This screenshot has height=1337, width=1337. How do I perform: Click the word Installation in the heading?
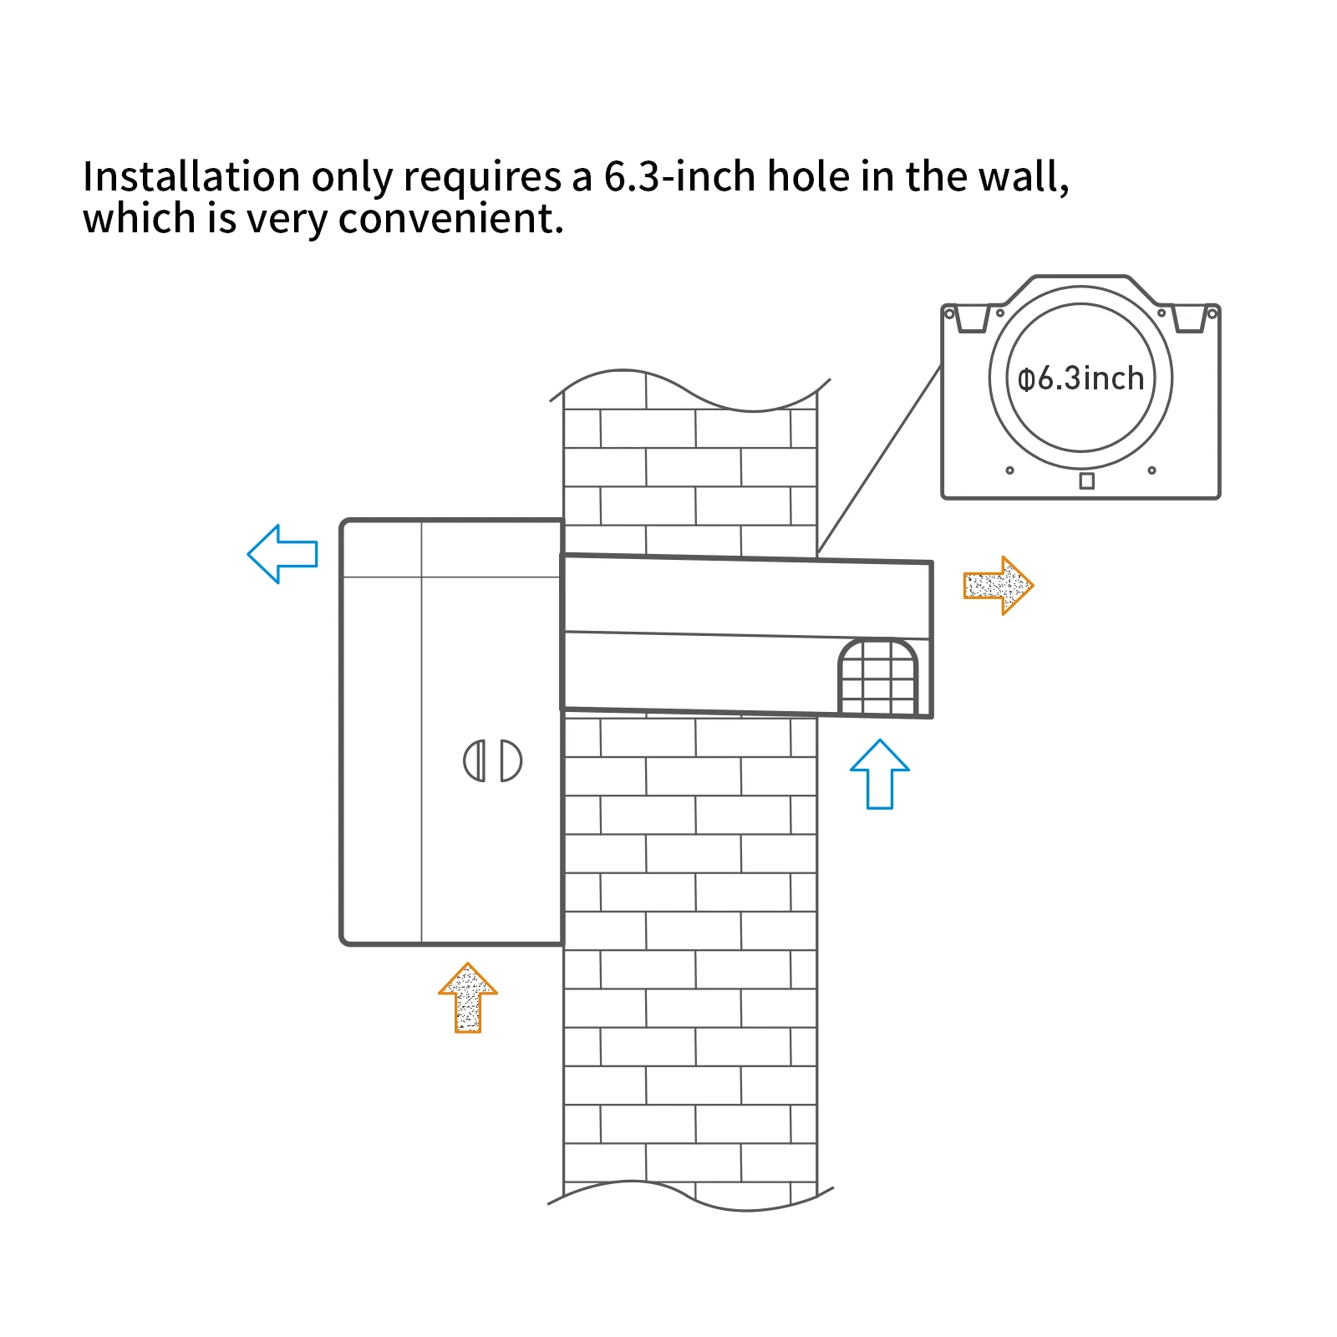191,177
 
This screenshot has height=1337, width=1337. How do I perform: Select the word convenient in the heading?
450,220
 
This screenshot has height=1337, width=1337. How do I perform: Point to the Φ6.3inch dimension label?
1080,379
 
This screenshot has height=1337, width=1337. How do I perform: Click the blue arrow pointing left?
282,554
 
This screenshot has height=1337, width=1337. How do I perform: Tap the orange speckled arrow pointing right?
998,585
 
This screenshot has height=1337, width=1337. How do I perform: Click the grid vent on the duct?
877,678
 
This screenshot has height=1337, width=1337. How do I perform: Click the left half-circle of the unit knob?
475,761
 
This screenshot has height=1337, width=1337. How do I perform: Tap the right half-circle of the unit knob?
511,761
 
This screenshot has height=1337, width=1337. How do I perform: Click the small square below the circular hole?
1086,480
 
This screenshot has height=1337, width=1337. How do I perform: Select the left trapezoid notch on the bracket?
973,318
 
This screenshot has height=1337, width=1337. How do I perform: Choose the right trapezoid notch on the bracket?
1189,318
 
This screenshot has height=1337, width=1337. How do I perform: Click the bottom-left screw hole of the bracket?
1009,470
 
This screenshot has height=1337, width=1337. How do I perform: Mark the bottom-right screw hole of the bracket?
1151,470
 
